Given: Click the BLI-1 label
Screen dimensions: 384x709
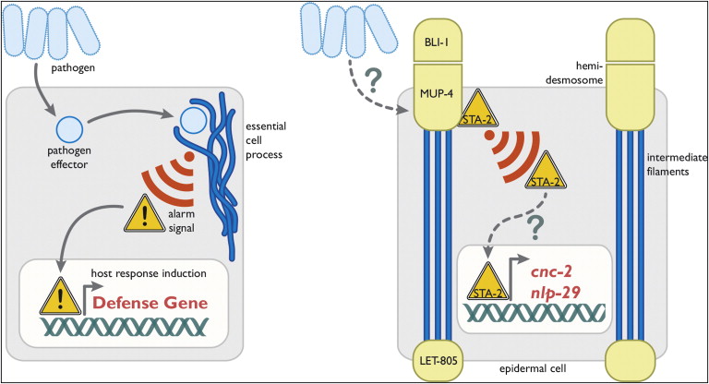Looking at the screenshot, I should [x=439, y=42].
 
